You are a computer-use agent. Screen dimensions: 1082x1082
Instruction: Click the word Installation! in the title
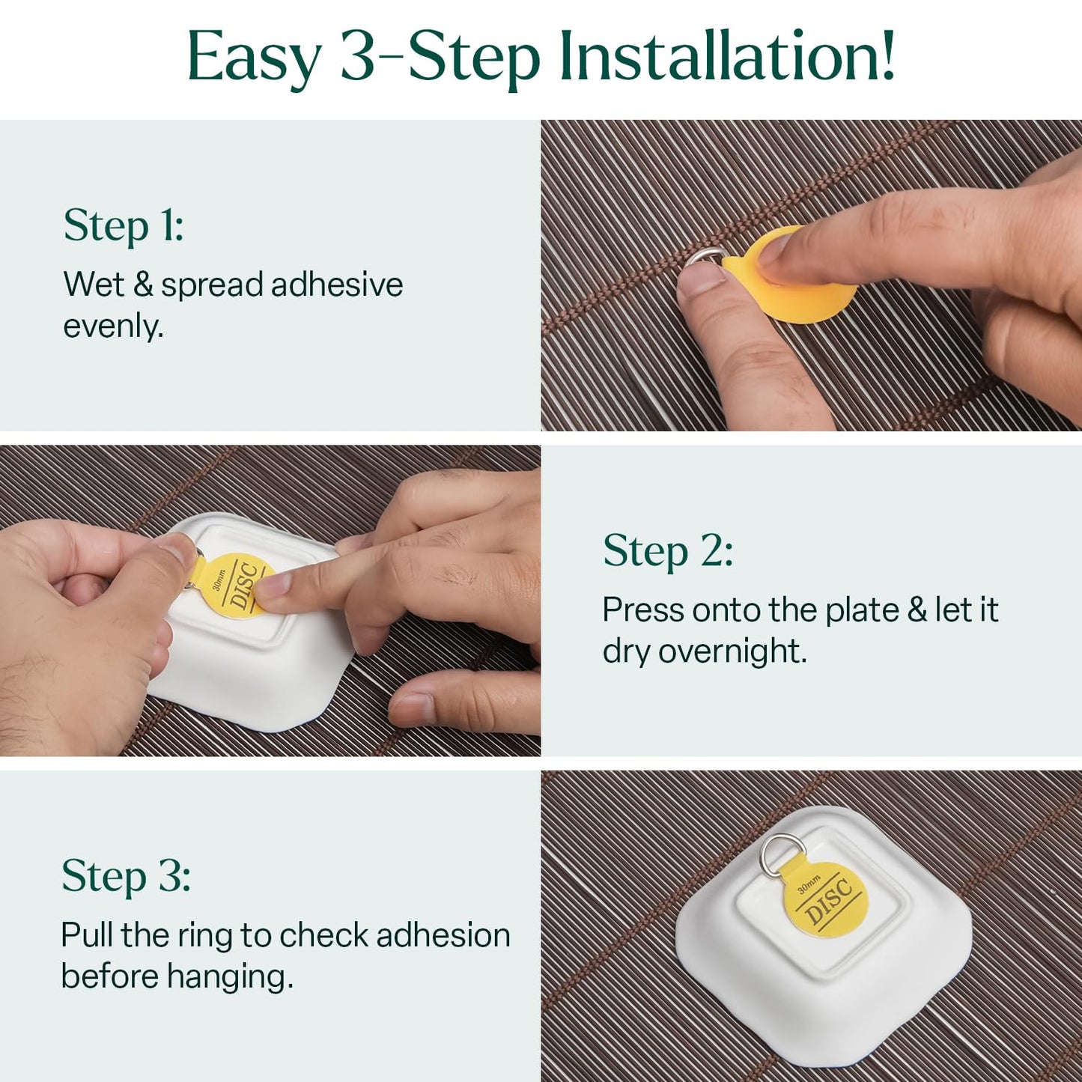click(727, 57)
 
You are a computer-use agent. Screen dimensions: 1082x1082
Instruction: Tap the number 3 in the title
click(358, 57)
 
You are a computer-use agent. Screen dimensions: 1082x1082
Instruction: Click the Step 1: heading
click(124, 225)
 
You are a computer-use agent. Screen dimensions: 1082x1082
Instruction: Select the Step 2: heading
click(668, 551)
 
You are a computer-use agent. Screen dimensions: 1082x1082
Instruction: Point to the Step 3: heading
click(126, 876)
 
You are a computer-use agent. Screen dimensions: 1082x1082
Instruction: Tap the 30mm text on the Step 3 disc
click(809, 884)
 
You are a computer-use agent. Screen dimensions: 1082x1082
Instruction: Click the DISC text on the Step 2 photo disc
click(244, 587)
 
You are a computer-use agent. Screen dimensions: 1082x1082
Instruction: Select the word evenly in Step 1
click(112, 326)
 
